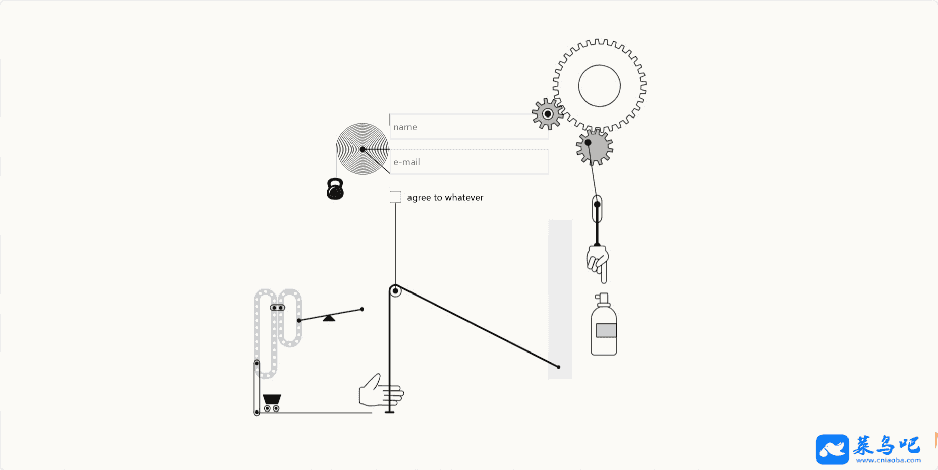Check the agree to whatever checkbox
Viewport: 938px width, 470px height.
click(x=395, y=197)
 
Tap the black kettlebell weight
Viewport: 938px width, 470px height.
click(x=335, y=190)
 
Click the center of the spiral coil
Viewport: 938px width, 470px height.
click(x=362, y=149)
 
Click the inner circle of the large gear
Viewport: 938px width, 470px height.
click(x=599, y=86)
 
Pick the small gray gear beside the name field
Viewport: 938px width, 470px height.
click(x=547, y=114)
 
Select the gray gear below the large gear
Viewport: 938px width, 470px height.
click(x=595, y=147)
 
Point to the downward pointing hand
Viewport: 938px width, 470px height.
click(x=598, y=262)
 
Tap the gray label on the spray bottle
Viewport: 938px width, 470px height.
click(x=606, y=330)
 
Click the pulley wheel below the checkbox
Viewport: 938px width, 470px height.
click(x=395, y=291)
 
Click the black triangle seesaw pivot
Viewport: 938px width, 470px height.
click(x=329, y=318)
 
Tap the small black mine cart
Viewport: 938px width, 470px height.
click(x=272, y=402)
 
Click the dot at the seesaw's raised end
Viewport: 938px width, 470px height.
click(x=362, y=309)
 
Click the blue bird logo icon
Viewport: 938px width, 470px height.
click(x=832, y=449)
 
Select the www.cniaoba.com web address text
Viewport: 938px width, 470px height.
click(x=888, y=460)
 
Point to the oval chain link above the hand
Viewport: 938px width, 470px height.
click(x=597, y=208)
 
